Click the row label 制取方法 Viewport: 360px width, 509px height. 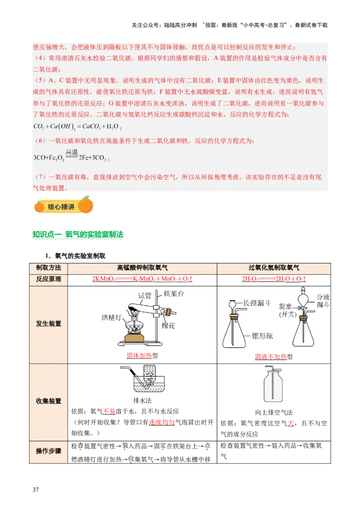tap(48, 268)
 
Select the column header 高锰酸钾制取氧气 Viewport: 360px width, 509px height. tap(142, 268)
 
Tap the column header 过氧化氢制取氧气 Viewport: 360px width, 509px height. tap(274, 268)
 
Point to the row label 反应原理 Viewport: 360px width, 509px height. tap(48, 279)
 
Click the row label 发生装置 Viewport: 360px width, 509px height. tap(48, 324)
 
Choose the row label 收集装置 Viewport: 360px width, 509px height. tap(48, 402)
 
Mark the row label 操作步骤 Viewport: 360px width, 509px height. tap(48, 451)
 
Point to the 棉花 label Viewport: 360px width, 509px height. tap(168, 325)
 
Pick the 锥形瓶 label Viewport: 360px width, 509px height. tap(263, 336)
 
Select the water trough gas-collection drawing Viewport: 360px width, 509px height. tap(142, 380)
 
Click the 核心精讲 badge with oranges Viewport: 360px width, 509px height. tap(63, 206)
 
